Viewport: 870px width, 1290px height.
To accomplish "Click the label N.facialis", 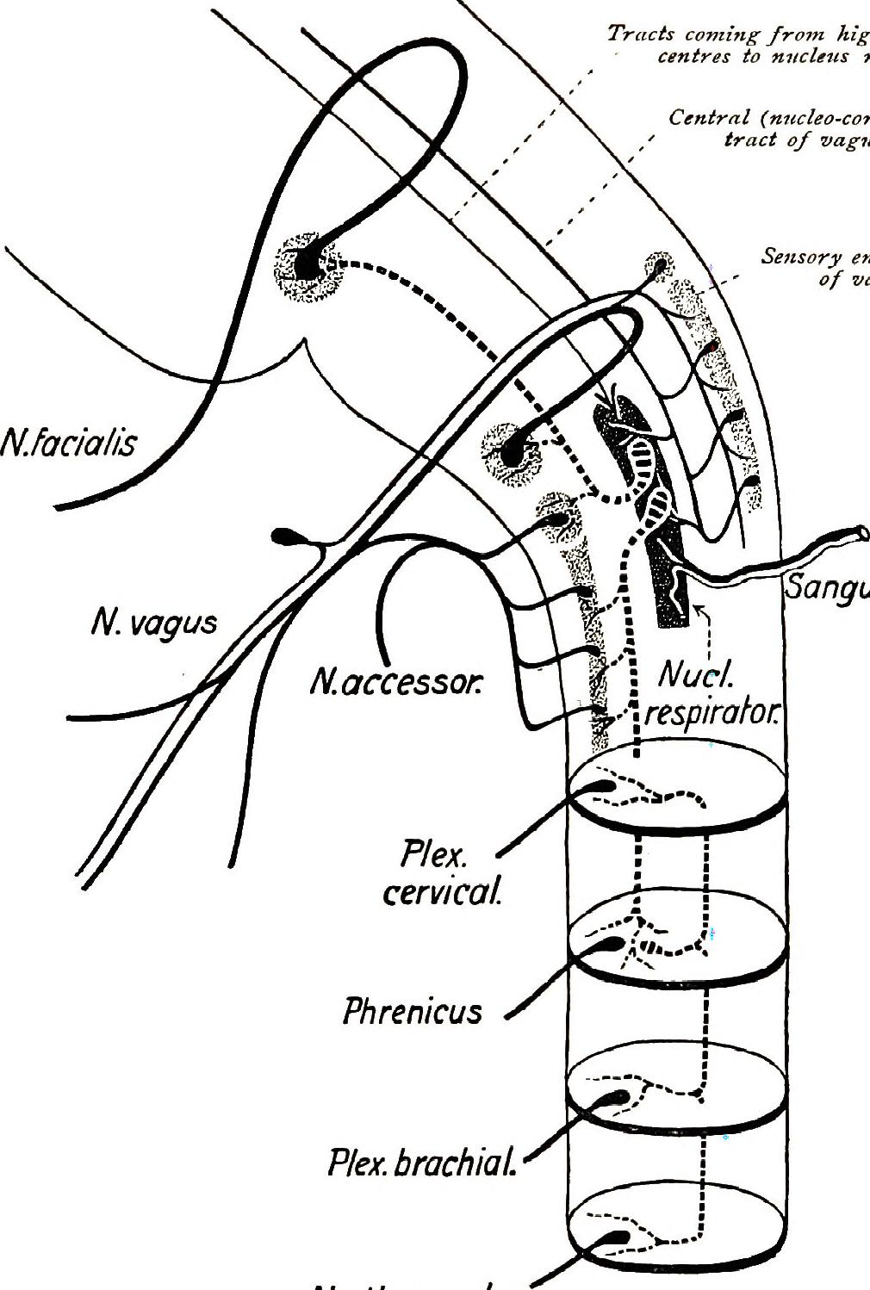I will click(x=69, y=444).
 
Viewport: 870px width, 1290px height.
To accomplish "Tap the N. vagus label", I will click(x=154, y=622).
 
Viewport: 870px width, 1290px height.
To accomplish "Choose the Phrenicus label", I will click(x=413, y=1011).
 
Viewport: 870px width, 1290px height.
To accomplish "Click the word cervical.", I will click(x=442, y=893).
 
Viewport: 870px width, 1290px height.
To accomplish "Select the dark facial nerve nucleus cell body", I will click(x=307, y=264).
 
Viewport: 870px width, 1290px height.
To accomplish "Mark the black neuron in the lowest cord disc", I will click(x=617, y=1237).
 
